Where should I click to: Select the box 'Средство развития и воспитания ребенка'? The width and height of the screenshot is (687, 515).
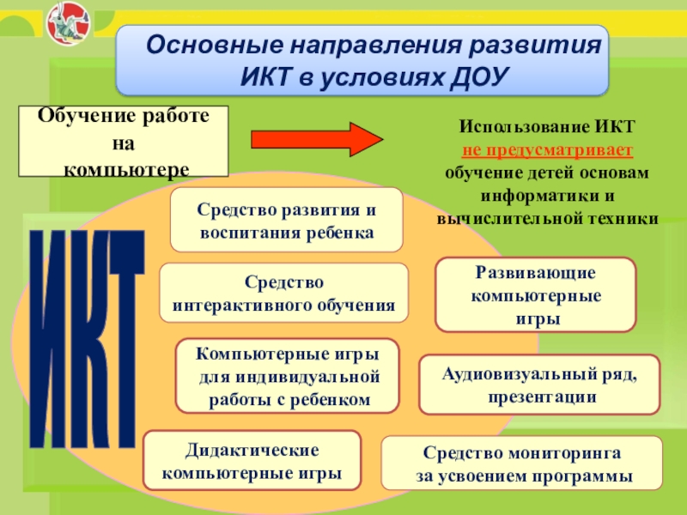[x=286, y=221]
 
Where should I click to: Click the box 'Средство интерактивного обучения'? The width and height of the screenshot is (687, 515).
[x=283, y=293]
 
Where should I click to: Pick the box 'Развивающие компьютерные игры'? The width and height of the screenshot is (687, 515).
[x=536, y=295]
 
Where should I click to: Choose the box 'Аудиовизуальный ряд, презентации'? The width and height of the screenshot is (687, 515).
[x=539, y=385]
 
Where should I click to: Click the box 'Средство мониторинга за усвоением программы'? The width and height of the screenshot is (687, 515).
[x=522, y=463]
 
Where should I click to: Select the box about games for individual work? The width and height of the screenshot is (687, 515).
[x=288, y=377]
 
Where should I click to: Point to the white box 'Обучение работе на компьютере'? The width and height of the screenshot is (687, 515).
[x=124, y=142]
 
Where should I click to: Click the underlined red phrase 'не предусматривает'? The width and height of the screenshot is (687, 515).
[x=548, y=150]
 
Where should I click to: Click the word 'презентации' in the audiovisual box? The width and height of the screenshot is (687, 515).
[x=541, y=397]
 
